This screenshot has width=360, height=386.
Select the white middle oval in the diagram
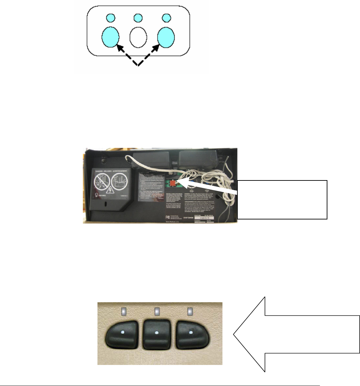[x=138, y=37]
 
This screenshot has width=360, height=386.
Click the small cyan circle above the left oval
[x=110, y=17]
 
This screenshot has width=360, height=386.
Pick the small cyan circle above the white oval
[x=138, y=17]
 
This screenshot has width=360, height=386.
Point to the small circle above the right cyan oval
[x=166, y=17]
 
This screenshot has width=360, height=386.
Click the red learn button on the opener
[x=174, y=184]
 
